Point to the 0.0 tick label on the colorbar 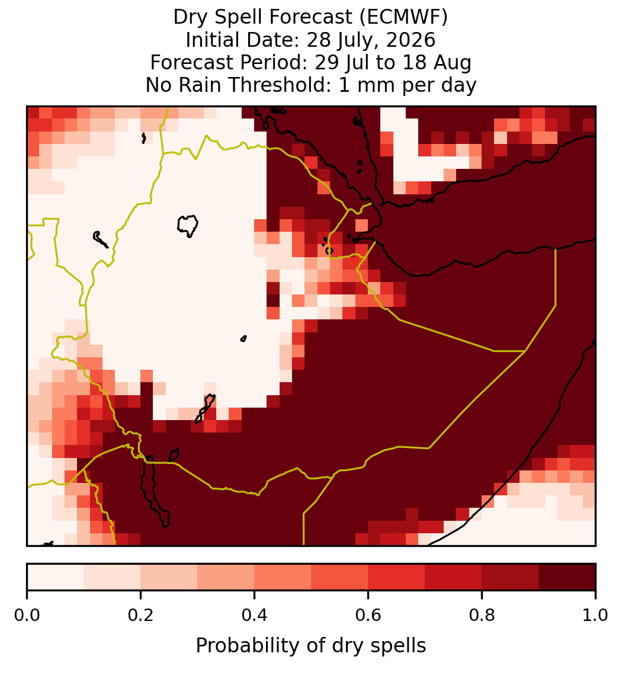coord(27,615)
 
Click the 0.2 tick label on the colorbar coord(140,615)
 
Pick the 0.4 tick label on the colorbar coord(254,615)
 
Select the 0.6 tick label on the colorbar coord(368,615)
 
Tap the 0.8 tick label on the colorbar coord(482,615)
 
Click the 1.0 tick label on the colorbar coord(595,615)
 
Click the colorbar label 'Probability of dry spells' coord(311,646)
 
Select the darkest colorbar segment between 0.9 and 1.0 coord(567,577)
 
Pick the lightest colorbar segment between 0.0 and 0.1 coord(56,577)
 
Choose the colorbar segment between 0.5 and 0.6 coord(339,577)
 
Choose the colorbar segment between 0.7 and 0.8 coord(453,577)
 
